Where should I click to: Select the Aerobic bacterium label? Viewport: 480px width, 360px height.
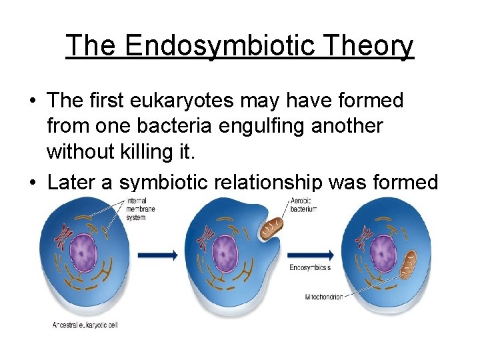pos(303,205)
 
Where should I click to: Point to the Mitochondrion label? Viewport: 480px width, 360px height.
pos(324,296)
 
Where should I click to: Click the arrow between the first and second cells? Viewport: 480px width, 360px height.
pos(157,254)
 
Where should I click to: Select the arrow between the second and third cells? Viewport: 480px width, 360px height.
pos(311,254)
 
